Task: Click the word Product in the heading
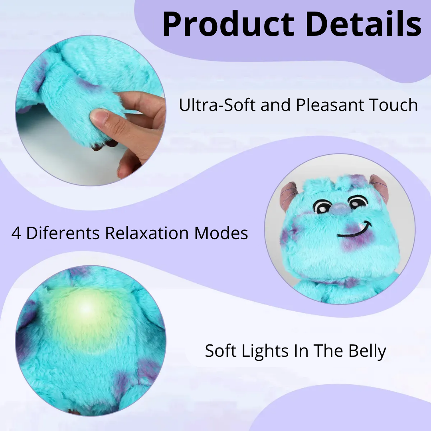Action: (229, 25)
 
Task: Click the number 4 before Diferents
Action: (16, 233)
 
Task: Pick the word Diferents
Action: (63, 233)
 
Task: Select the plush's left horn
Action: (288, 195)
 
